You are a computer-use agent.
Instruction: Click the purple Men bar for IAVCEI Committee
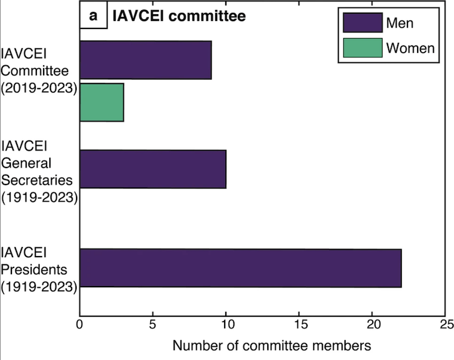[145, 60]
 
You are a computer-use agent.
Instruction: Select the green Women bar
[102, 102]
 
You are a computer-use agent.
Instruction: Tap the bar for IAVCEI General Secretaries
[153, 169]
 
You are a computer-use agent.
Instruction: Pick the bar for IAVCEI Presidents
[241, 268]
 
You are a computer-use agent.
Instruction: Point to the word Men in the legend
[400, 23]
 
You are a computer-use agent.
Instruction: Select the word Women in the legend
[410, 48]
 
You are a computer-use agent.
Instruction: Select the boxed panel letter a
[93, 16]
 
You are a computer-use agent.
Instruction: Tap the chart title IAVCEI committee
[179, 16]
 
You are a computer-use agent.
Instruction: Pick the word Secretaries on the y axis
[37, 181]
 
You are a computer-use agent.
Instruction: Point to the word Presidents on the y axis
[36, 269]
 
